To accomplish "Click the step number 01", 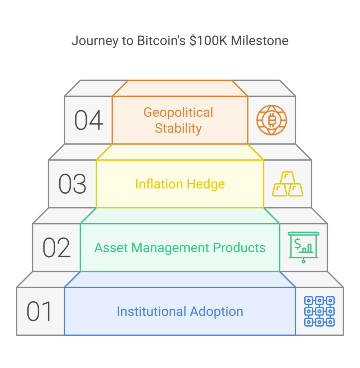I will tap(39, 312).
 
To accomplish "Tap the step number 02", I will tap(56, 248).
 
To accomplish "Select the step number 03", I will tap(72, 184).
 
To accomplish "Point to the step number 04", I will tap(88, 120).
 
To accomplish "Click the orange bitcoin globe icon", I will tap(272, 120).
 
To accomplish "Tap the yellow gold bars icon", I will tap(287, 184).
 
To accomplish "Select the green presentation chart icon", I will tap(303, 247).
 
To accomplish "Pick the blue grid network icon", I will tap(319, 311).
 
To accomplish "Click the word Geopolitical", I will tap(178, 112).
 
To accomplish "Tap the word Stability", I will tap(178, 128).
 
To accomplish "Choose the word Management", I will tap(170, 248).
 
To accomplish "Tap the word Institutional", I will tap(151, 311).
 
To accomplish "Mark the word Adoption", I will tap(217, 311).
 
